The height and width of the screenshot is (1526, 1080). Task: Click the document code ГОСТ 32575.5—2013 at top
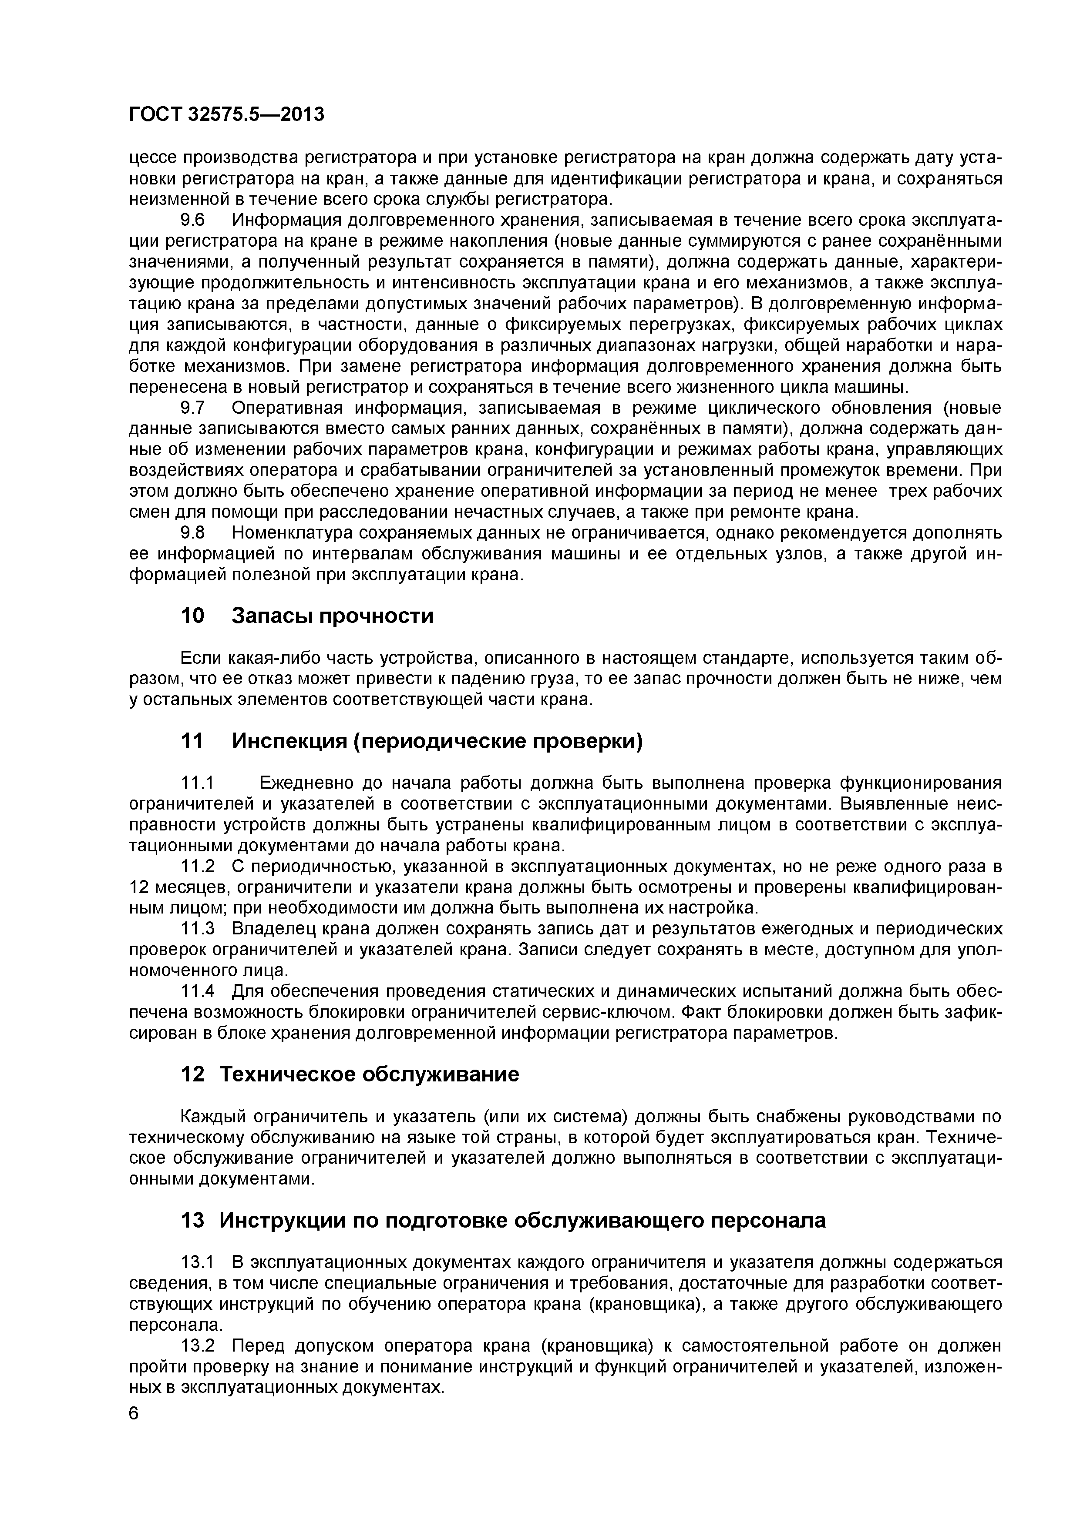tap(226, 115)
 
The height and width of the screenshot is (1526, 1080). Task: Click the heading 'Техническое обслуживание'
tap(369, 1074)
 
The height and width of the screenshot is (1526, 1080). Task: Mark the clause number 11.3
tap(198, 928)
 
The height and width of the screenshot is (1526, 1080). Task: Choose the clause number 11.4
tap(198, 991)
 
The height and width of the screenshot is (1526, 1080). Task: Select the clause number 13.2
tap(198, 1346)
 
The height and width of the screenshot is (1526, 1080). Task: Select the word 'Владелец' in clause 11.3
tap(272, 928)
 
